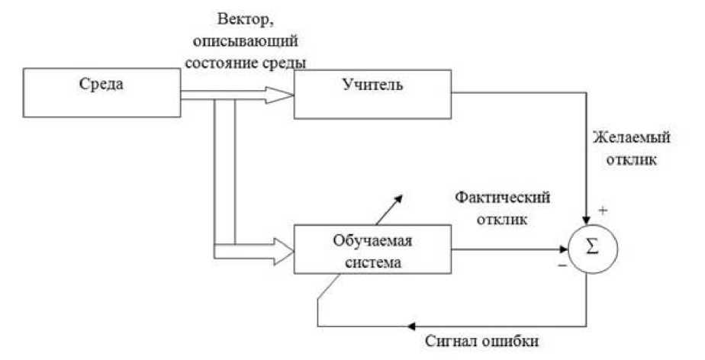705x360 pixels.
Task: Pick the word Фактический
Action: click(x=504, y=197)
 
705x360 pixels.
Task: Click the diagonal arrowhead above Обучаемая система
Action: click(x=401, y=197)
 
